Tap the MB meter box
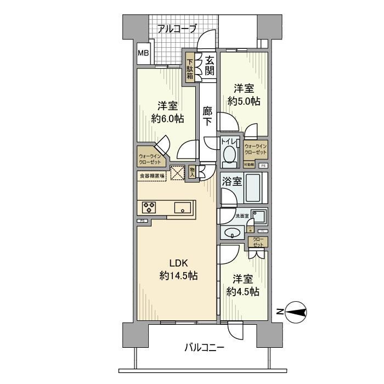(143, 53)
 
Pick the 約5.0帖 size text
(244, 101)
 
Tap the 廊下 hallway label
(207, 116)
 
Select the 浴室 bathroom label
(231, 182)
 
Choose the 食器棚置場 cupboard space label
(152, 176)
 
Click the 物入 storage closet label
(192, 173)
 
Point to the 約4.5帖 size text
(243, 292)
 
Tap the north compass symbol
(296, 312)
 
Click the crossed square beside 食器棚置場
(177, 172)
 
